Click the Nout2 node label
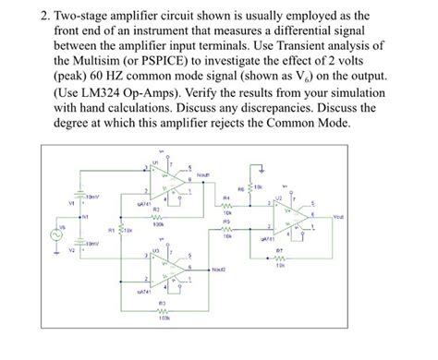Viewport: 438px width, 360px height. pyautogui.click(x=219, y=269)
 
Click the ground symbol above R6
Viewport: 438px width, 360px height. pyautogui.click(x=262, y=169)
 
